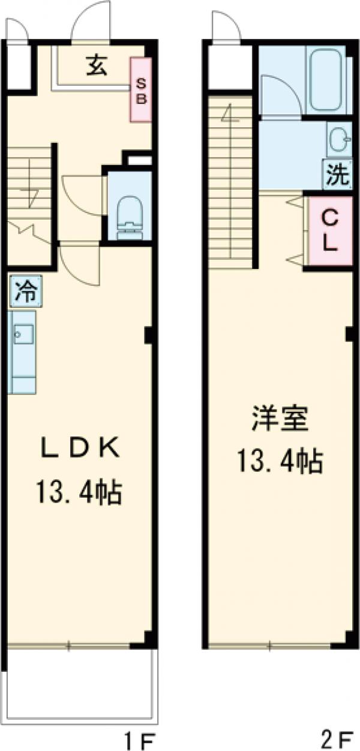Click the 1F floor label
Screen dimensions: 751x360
tap(142, 737)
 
